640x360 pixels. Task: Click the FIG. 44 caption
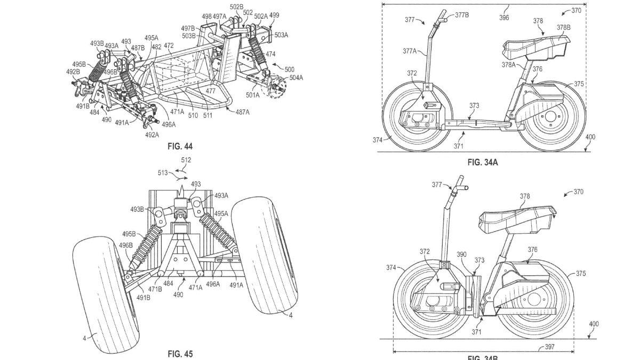(x=180, y=146)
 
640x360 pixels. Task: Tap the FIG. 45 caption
(x=180, y=354)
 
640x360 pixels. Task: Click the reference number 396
(x=503, y=18)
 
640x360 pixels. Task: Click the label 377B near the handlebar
(x=461, y=15)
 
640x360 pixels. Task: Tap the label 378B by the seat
(x=563, y=27)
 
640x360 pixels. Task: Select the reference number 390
(x=461, y=255)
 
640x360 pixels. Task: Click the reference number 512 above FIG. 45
(x=186, y=160)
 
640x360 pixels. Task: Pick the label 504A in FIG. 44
(x=296, y=77)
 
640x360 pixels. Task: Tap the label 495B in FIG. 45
(x=129, y=234)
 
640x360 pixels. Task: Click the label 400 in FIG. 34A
(x=590, y=138)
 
